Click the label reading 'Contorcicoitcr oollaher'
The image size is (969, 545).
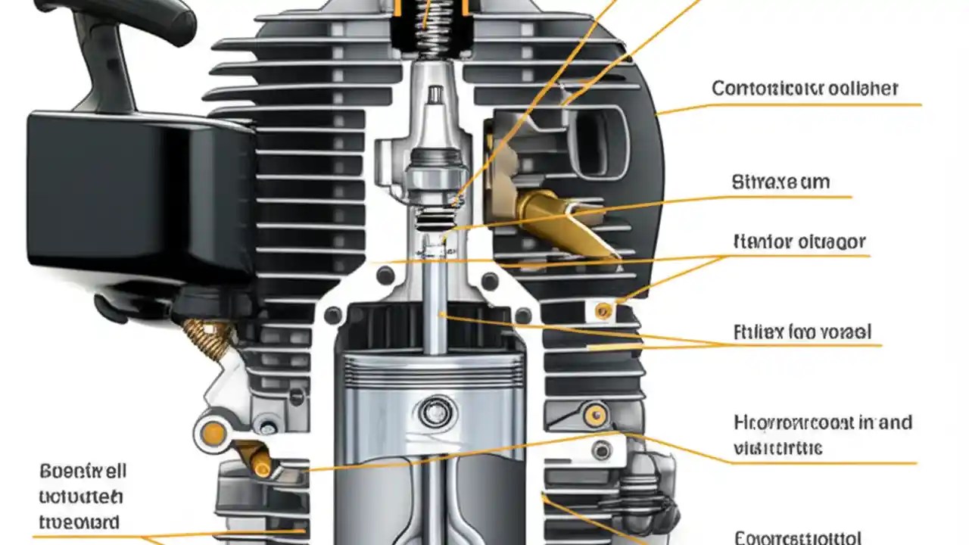coord(804,89)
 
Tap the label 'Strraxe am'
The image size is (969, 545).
coord(780,182)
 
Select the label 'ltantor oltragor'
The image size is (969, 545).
coord(799,242)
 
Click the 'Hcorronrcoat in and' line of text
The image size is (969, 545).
coord(822,422)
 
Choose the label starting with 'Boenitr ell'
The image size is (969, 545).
coord(83,472)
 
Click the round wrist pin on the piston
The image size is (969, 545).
coord(432,412)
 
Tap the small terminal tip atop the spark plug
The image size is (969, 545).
coord(435,95)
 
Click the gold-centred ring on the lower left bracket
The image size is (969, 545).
coord(213,434)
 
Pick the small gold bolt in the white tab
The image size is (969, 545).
coord(603,310)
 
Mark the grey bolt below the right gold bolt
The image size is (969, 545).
coord(601,450)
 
